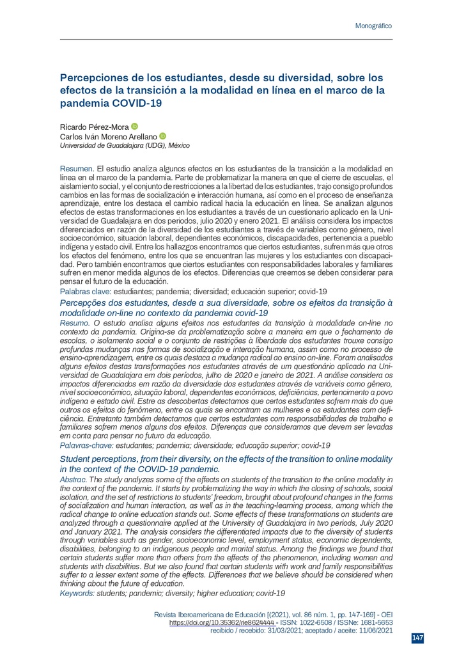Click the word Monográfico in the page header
click(x=373, y=26)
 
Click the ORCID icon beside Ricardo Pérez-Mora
click(x=134, y=127)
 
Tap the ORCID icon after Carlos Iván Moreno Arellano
click(x=162, y=136)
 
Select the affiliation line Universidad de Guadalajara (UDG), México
click(x=124, y=146)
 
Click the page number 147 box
click(x=417, y=638)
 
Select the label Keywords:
click(x=77, y=594)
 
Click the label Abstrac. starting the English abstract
click(x=73, y=479)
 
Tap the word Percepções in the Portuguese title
click(x=84, y=301)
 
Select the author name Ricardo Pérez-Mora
click(x=94, y=127)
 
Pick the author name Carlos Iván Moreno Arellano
click(x=108, y=136)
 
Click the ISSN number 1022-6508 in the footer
click(x=311, y=622)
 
